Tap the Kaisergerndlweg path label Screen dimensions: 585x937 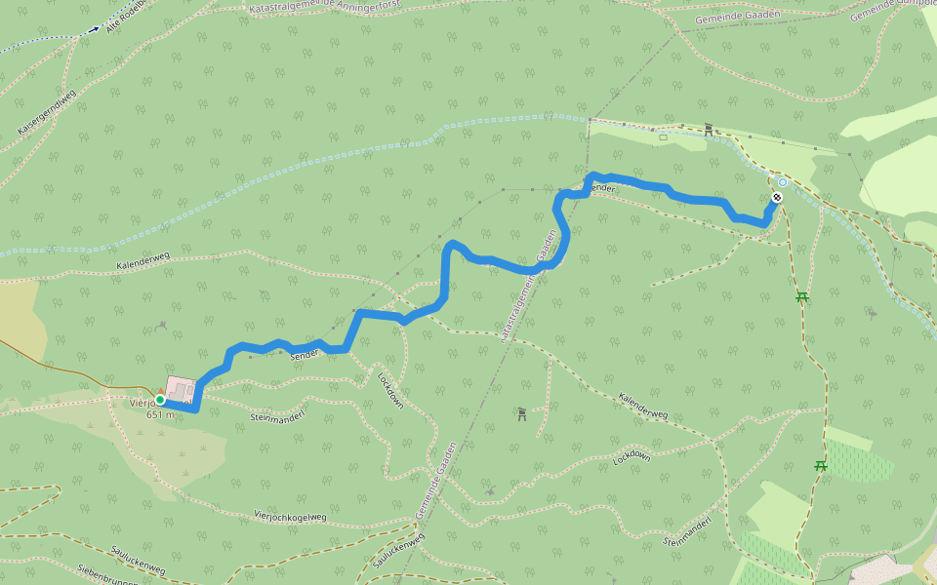tap(46, 113)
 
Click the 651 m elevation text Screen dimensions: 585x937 tap(160, 414)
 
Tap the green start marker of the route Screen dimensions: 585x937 tap(160, 400)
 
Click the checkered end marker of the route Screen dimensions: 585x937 tap(776, 198)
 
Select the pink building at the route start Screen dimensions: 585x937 tap(181, 389)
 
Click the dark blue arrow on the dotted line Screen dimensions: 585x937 tap(94, 29)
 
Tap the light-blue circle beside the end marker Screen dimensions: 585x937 tap(783, 182)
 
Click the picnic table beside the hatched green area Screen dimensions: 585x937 tap(820, 466)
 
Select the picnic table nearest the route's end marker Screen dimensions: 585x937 tap(801, 296)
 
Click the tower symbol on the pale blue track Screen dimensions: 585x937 tap(709, 129)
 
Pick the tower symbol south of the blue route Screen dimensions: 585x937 tap(522, 414)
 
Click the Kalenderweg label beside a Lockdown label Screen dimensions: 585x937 tap(643, 407)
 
